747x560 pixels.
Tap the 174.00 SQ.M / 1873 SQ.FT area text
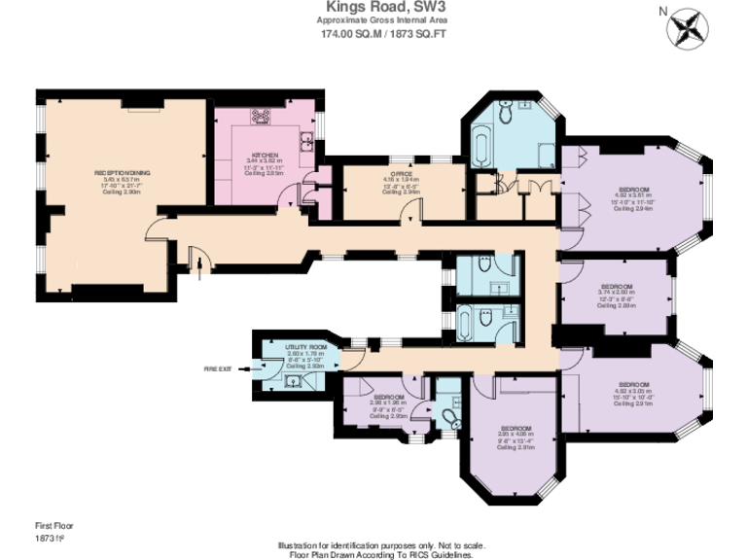point(373,33)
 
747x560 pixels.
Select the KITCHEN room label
point(266,155)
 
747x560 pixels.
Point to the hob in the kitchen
point(262,118)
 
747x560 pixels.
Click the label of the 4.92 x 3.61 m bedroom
point(633,189)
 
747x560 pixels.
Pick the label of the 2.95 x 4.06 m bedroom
point(515,429)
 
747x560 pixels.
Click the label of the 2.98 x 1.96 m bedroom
point(389,398)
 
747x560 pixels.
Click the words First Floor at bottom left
point(53,524)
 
